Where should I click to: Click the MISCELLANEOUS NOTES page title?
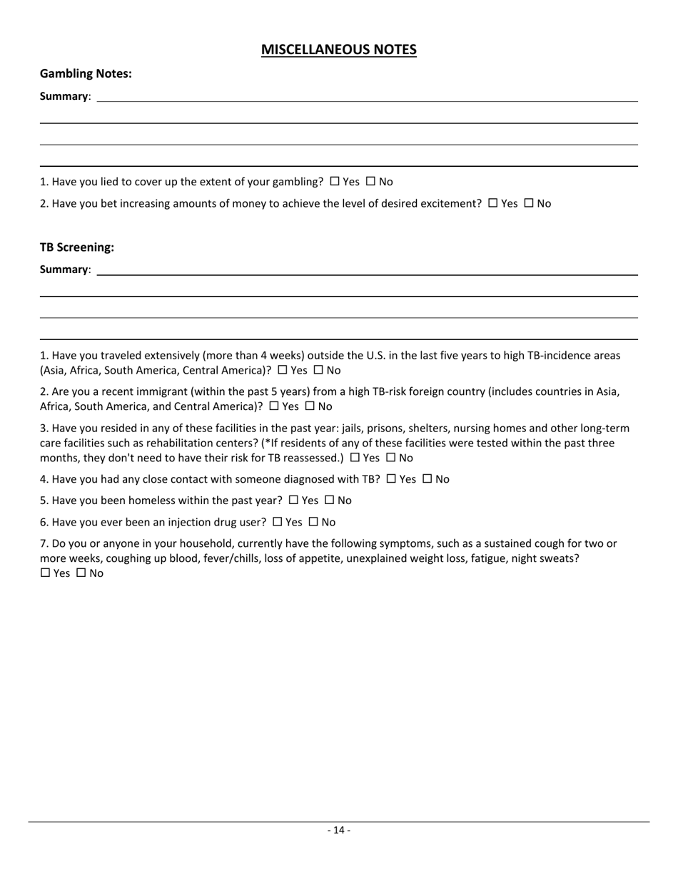pyautogui.click(x=338, y=49)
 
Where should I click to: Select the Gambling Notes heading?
pyautogui.click(x=86, y=73)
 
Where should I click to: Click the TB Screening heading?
pyautogui.click(x=77, y=247)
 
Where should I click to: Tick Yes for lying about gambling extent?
pyautogui.click(x=335, y=182)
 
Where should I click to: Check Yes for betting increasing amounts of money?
pyautogui.click(x=493, y=203)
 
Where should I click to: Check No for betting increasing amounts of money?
pyautogui.click(x=529, y=203)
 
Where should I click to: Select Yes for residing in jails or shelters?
pyautogui.click(x=355, y=458)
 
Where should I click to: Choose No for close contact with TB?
pyautogui.click(x=427, y=479)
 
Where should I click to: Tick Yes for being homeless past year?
pyautogui.click(x=293, y=501)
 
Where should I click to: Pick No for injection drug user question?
pyautogui.click(x=313, y=522)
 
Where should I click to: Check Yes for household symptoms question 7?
pyautogui.click(x=46, y=573)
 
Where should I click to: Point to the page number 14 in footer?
pyautogui.click(x=339, y=830)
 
